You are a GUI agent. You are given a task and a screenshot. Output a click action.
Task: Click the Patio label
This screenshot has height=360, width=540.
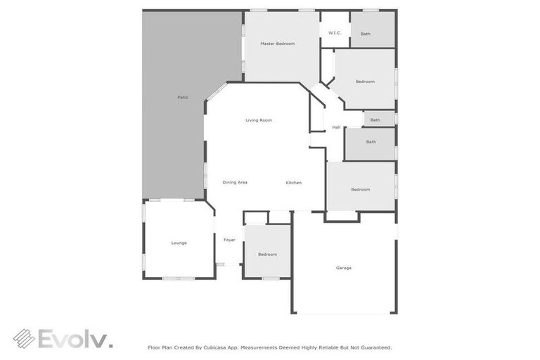tap(183, 97)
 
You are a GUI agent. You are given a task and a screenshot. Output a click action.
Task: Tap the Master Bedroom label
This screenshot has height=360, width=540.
tap(277, 44)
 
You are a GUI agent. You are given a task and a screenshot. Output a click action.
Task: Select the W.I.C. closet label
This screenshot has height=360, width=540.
tap(335, 33)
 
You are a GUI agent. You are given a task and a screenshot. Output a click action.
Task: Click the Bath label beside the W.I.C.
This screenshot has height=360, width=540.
tap(366, 34)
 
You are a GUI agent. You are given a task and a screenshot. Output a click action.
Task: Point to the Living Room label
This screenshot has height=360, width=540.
tap(259, 120)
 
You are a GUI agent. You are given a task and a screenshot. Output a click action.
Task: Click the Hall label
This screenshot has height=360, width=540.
tap(336, 127)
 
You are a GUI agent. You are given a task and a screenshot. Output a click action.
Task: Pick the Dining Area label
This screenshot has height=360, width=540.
tap(235, 183)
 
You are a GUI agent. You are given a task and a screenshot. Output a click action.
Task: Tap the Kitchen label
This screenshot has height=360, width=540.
tap(293, 183)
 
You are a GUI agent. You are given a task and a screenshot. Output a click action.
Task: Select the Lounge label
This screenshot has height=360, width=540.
tap(179, 243)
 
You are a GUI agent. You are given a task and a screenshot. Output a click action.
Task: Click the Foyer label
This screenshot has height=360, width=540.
tap(229, 240)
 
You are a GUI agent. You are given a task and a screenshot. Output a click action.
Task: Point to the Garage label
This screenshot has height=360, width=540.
tap(344, 268)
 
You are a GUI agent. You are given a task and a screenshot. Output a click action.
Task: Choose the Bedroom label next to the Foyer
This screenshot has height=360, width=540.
tap(267, 254)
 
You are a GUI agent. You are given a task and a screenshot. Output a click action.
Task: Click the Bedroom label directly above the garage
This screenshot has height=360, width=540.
tap(361, 189)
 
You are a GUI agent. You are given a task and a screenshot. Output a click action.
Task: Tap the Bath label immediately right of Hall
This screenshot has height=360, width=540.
tap(375, 120)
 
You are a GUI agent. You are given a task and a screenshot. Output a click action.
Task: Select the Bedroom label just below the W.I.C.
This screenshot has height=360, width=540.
tap(365, 82)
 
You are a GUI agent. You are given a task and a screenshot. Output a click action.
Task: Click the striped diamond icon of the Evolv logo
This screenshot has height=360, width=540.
tap(23, 338)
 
